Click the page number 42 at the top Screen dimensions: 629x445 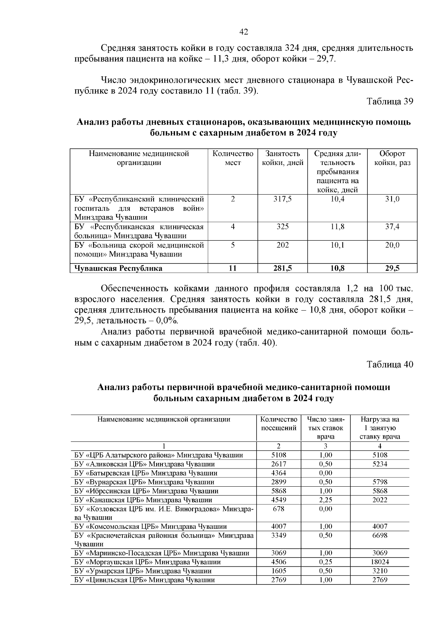pyautogui.click(x=244, y=32)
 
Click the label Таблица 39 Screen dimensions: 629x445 pyautogui.click(x=389, y=102)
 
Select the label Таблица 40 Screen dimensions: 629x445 pyautogui.click(x=389, y=364)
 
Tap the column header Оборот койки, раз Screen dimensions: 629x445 pyautogui.click(x=392, y=158)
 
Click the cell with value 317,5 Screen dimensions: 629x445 pyautogui.click(x=282, y=199)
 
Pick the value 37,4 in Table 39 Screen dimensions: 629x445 pyautogui.click(x=392, y=227)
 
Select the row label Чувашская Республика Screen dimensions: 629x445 pyautogui.click(x=118, y=268)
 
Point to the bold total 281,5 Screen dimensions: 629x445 pyautogui.click(x=282, y=268)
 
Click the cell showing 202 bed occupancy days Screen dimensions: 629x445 pyautogui.click(x=282, y=245)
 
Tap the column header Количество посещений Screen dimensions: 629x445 pyautogui.click(x=279, y=424)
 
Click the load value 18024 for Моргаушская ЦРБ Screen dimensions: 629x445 pyautogui.click(x=380, y=562)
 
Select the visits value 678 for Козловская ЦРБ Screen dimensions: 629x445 pyautogui.click(x=279, y=509)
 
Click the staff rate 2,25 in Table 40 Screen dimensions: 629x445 pyautogui.click(x=326, y=500)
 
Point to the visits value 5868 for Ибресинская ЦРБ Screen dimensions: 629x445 pyautogui.click(x=279, y=491)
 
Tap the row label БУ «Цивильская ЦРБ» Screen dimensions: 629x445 pyautogui.click(x=145, y=580)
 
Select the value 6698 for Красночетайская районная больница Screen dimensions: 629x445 pyautogui.click(x=380, y=535)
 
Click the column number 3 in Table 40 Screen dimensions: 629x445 pyautogui.click(x=326, y=446)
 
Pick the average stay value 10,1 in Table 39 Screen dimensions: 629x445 pyautogui.click(x=337, y=245)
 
